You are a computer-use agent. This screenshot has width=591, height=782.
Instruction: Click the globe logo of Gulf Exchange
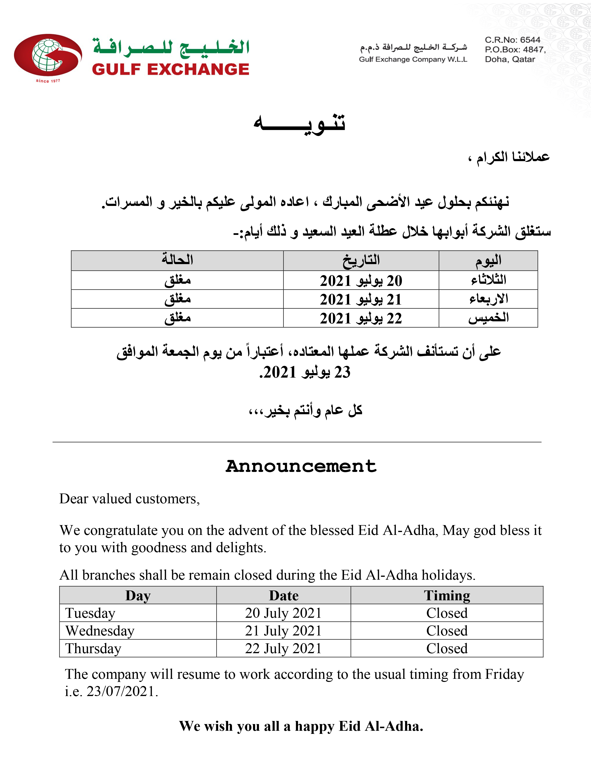click(48, 55)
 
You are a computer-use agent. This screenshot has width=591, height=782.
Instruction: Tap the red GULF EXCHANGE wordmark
click(170, 69)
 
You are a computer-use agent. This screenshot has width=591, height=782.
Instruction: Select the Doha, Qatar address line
click(510, 59)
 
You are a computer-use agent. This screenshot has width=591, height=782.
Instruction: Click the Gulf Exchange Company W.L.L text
click(413, 59)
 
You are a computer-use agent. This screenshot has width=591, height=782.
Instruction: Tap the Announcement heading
click(301, 466)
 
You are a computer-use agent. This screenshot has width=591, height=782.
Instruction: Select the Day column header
click(138, 595)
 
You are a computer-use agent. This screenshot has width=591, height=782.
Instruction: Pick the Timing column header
click(447, 595)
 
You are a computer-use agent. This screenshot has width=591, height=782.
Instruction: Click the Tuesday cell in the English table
click(90, 613)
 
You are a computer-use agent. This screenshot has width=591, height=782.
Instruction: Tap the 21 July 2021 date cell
click(283, 631)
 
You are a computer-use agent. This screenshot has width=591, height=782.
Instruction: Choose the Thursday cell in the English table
click(93, 649)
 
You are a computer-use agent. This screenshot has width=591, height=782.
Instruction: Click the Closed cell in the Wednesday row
click(447, 631)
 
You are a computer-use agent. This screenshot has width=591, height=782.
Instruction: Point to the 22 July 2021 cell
click(283, 649)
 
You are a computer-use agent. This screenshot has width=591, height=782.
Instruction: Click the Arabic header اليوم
click(488, 261)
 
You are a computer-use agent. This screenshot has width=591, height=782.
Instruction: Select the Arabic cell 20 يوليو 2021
click(361, 281)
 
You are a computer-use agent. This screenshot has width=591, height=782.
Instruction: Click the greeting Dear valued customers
click(129, 499)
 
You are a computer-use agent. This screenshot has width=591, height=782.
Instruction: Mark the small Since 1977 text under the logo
click(48, 81)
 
